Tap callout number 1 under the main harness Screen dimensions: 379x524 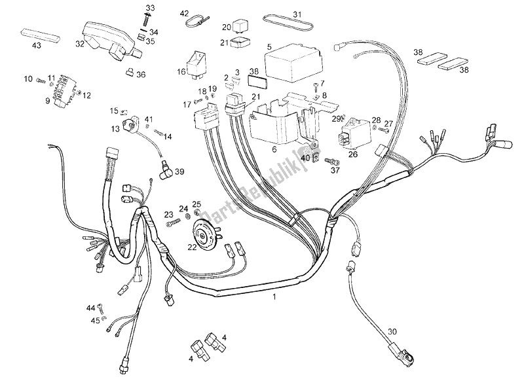(x=275, y=298)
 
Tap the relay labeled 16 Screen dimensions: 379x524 (x=199, y=60)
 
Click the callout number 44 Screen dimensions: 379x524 (x=90, y=308)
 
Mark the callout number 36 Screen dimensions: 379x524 (x=141, y=75)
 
